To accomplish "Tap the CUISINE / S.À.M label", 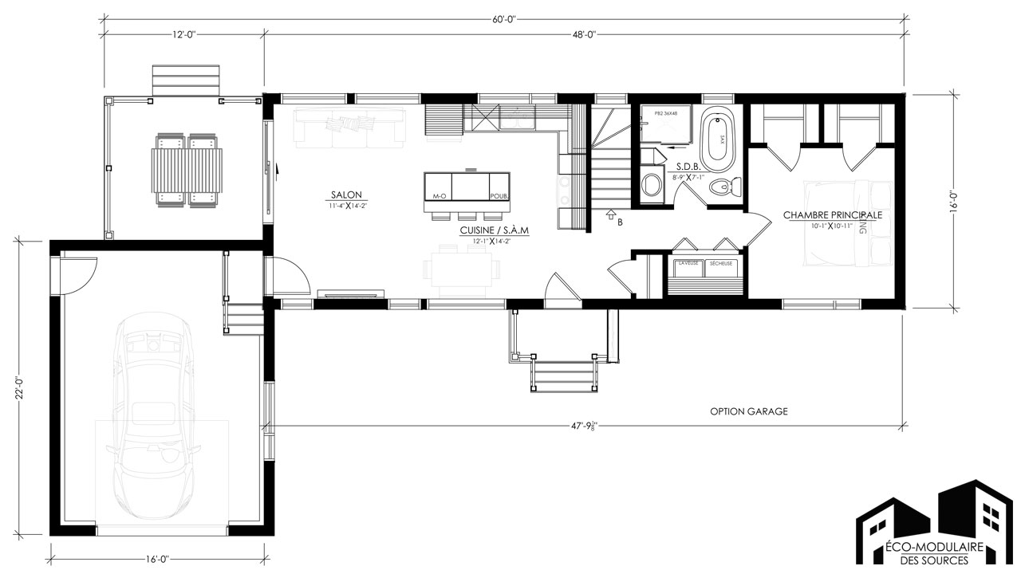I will coord(495,230).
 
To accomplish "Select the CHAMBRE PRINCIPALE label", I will coord(833,215).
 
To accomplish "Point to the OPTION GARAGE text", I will coord(749,411).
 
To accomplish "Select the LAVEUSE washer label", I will coord(688,263).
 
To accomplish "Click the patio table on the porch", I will coord(188,168).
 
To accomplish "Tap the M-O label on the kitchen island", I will coord(439,195).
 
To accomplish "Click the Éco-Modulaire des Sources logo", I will coord(933,526).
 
